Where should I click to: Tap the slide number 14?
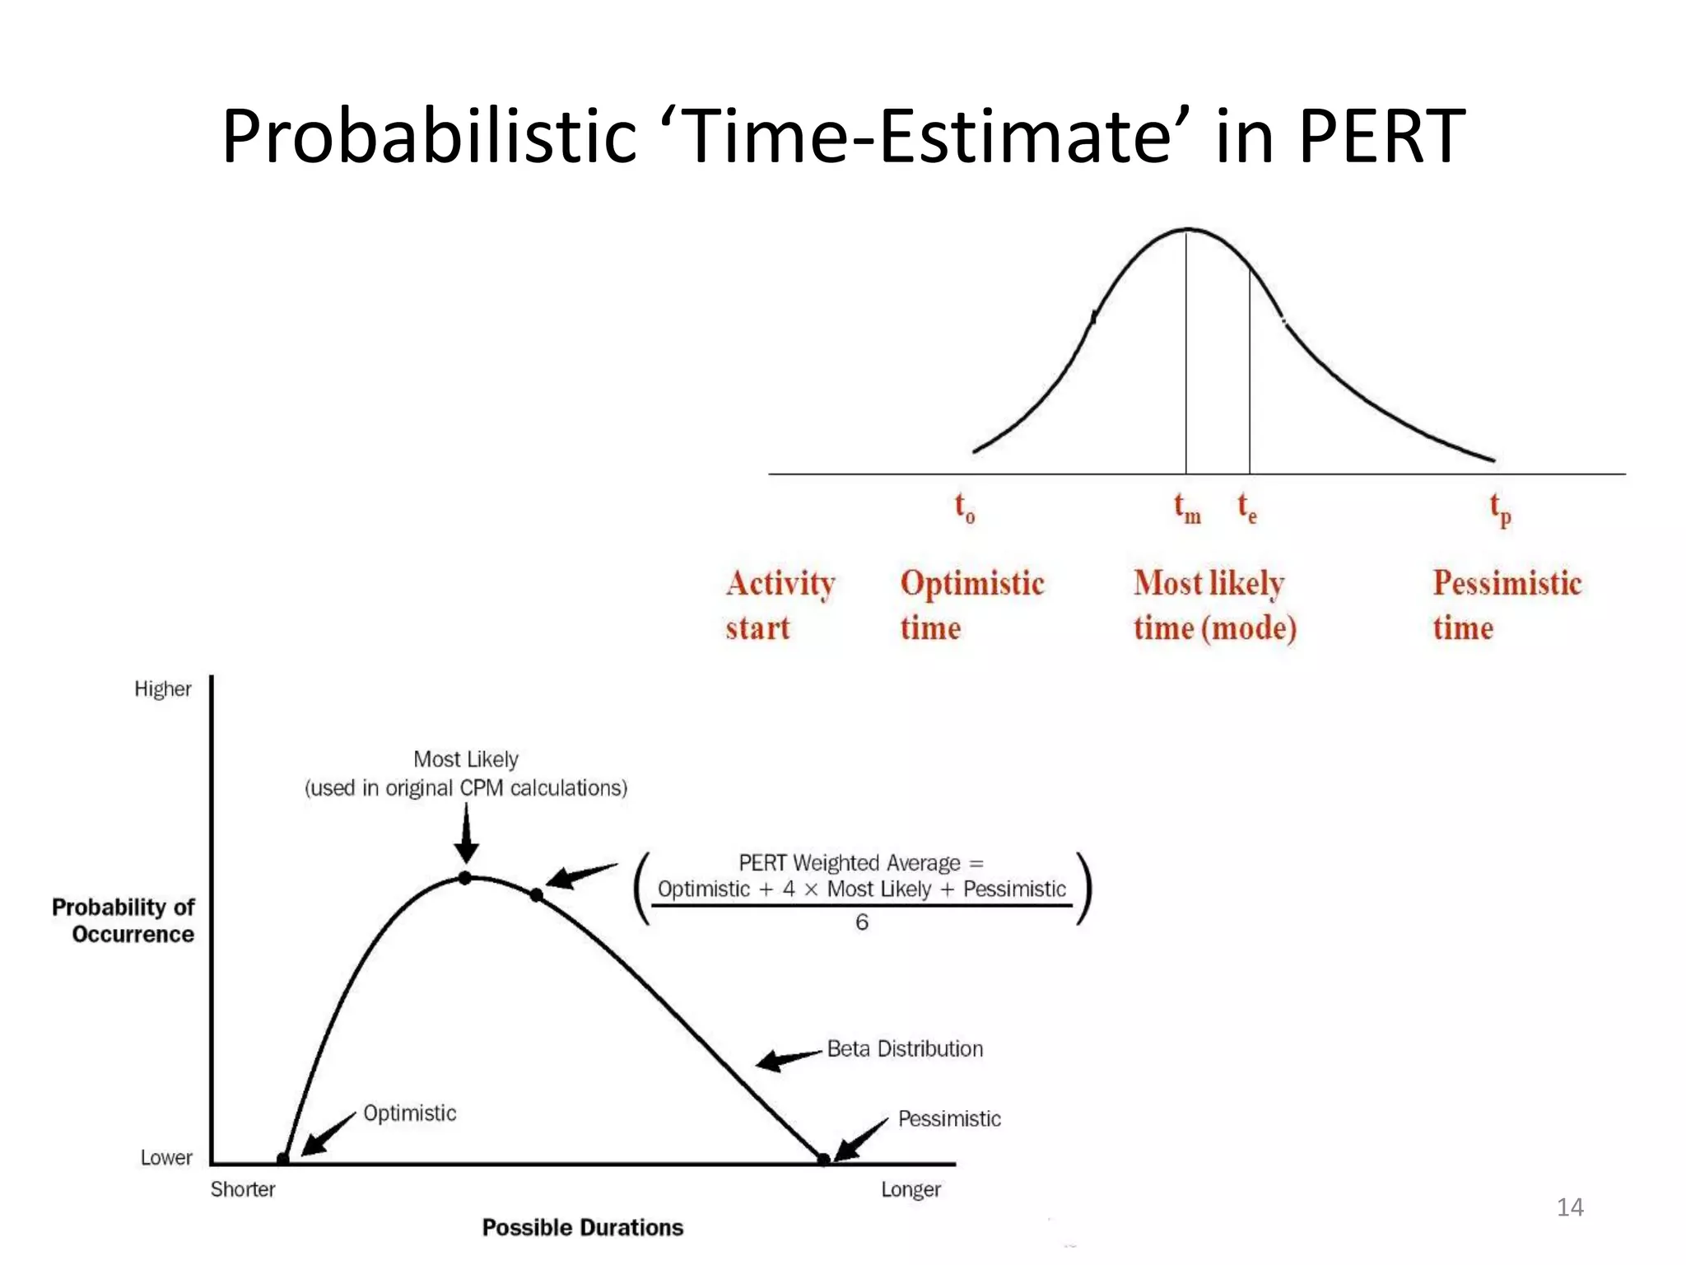click(1570, 1207)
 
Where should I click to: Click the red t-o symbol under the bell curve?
click(964, 508)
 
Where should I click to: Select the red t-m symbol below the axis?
click(1186, 508)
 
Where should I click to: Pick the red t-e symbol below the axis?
click(1246, 508)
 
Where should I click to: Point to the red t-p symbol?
click(1500, 510)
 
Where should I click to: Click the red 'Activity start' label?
click(780, 604)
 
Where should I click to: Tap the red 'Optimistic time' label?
click(971, 604)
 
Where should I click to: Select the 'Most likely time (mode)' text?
click(1214, 604)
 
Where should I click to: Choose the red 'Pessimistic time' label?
click(1507, 604)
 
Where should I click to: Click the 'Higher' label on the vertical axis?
click(163, 689)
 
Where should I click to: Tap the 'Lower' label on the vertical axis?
click(165, 1157)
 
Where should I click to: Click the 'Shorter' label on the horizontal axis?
click(243, 1189)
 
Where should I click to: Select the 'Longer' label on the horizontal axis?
click(911, 1189)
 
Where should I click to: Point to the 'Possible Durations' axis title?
click(583, 1227)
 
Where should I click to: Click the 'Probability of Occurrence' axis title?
click(123, 920)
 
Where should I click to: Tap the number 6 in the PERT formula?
click(861, 922)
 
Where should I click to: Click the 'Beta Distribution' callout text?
click(905, 1048)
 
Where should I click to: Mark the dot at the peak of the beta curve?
click(465, 878)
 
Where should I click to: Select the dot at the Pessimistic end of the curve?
click(823, 1160)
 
